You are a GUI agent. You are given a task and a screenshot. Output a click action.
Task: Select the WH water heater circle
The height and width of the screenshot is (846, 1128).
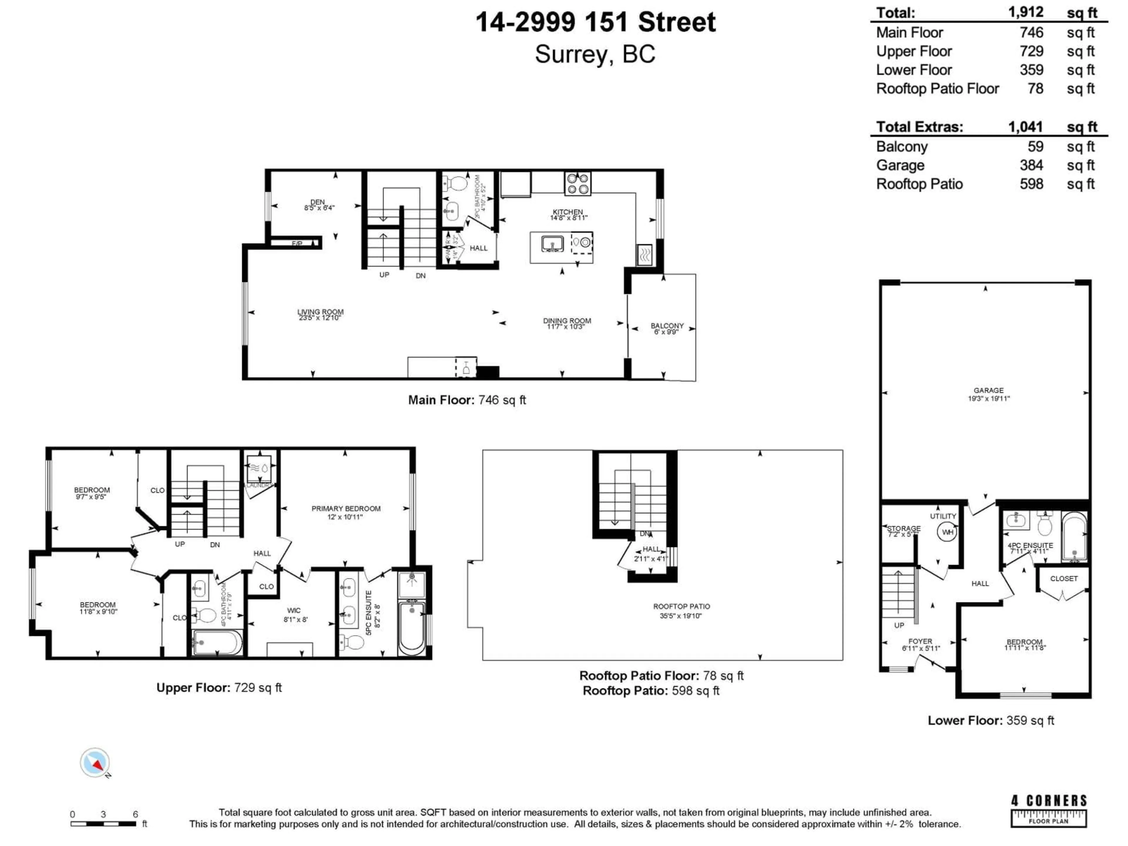coord(947,532)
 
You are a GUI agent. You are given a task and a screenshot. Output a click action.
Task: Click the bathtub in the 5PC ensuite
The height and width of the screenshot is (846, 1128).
coord(412,628)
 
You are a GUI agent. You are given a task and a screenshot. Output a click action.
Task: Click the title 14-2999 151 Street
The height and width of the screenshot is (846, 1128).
coord(596,22)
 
